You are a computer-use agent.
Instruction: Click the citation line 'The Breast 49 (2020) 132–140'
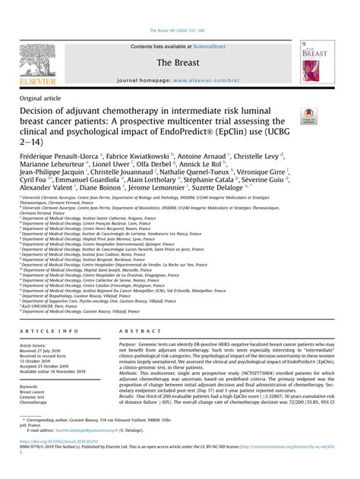tap(179, 9)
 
